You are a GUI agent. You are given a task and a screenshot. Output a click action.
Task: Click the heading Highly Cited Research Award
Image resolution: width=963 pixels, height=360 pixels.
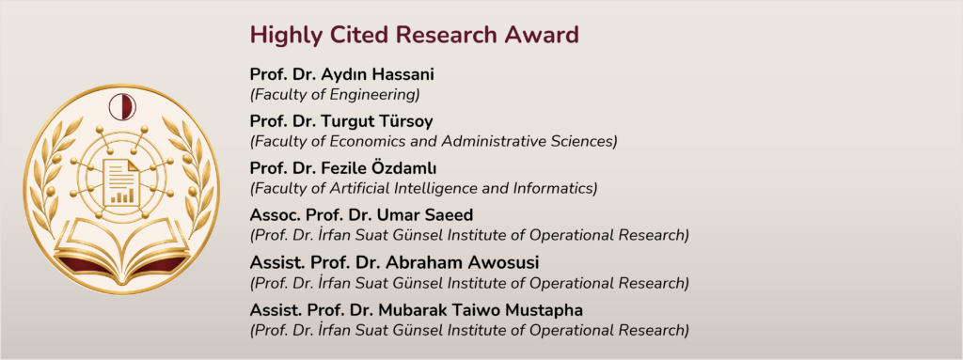point(414,36)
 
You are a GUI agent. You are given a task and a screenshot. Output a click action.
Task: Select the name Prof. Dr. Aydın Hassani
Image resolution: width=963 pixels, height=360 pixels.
point(342,75)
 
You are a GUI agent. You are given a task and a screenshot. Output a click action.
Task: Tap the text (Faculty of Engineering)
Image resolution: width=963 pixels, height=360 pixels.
point(335,95)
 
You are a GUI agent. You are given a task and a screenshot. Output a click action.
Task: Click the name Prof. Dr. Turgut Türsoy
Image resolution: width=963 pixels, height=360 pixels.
point(340,121)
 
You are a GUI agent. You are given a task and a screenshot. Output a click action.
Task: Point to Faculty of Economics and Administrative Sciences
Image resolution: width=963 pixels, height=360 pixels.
point(433,141)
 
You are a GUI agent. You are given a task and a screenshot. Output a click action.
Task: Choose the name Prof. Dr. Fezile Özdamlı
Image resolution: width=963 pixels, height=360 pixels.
point(342,169)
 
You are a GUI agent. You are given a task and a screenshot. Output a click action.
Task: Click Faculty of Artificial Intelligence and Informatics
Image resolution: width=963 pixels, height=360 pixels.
point(423,189)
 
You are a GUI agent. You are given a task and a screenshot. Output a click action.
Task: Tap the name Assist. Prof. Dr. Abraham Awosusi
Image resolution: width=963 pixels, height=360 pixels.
point(394,263)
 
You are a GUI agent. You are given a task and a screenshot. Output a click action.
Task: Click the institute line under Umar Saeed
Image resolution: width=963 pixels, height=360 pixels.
point(469,235)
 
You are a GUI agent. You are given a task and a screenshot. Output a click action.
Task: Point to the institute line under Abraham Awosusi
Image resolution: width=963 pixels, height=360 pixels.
point(469,283)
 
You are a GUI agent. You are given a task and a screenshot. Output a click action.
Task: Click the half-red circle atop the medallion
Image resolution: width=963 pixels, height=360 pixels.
point(122,107)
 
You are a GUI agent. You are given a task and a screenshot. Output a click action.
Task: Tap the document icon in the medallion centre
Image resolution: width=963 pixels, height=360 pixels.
point(121,181)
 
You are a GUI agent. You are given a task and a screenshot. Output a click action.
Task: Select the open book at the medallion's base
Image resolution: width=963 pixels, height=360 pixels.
point(121,252)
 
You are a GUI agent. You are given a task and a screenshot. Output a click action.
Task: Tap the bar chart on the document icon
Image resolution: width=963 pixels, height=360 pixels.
point(122,196)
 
